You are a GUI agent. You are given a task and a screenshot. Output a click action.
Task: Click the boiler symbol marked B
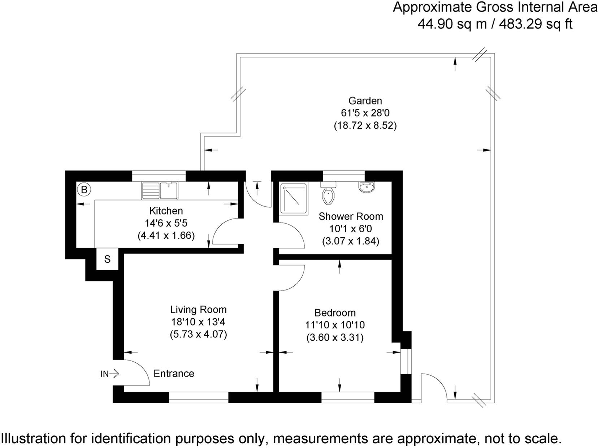[x=84, y=190]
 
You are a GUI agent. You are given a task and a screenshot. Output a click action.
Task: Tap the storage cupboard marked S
[x=107, y=259]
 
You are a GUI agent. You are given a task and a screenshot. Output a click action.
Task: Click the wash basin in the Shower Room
[x=367, y=187]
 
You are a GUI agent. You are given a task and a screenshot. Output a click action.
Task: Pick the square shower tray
[x=294, y=198]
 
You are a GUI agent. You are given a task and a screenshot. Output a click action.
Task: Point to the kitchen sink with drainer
[x=160, y=190]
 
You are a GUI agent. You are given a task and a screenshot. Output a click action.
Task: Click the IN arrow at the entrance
[x=110, y=374]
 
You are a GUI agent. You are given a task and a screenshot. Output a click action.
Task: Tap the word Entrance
[x=174, y=374]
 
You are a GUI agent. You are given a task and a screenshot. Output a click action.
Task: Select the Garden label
[x=365, y=101]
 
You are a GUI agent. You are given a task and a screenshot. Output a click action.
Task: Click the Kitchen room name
[x=166, y=211]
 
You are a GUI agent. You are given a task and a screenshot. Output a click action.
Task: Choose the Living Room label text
[x=198, y=310]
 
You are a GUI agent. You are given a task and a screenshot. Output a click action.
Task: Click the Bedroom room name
[x=335, y=313]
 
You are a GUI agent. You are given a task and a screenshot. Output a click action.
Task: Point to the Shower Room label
[x=351, y=217]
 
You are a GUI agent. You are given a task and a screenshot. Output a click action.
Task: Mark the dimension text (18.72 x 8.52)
[x=365, y=126]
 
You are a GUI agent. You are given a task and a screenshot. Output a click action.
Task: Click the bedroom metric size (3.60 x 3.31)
[x=335, y=338]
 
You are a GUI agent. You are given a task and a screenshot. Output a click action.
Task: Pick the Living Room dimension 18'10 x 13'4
[x=198, y=322]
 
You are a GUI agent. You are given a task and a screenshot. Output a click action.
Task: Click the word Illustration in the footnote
[x=33, y=439]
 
